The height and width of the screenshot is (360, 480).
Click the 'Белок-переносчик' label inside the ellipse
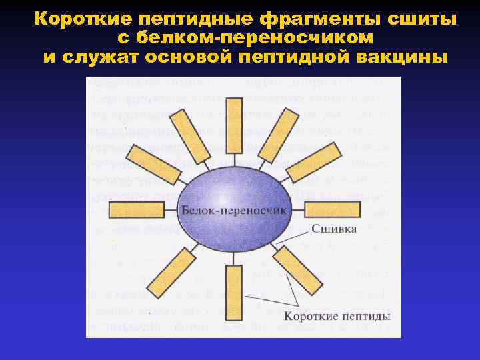click(x=233, y=209)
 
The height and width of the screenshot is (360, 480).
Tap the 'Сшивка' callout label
click(x=334, y=229)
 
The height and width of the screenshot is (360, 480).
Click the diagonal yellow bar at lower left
click(x=169, y=272)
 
